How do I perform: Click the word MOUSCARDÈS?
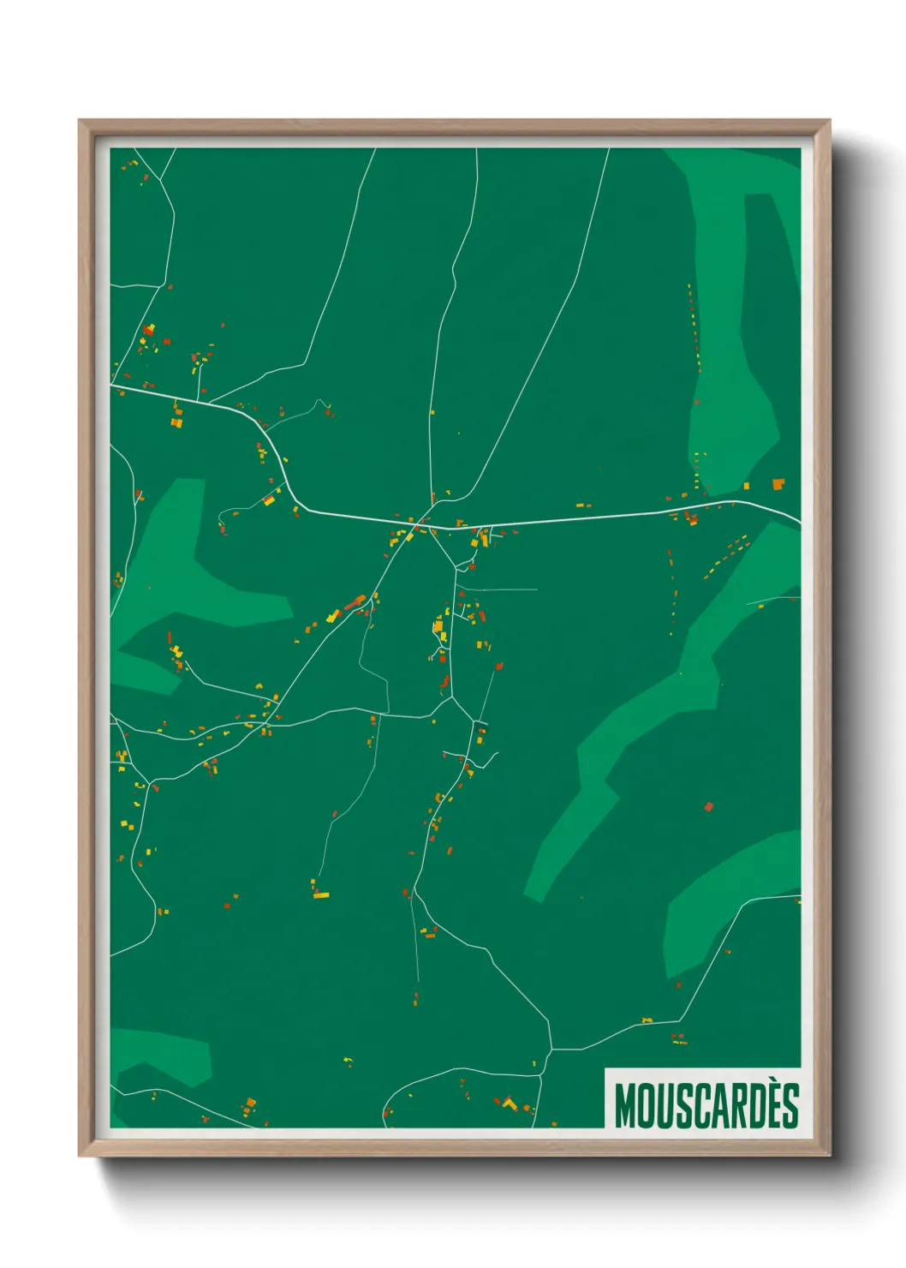[x=706, y=1106]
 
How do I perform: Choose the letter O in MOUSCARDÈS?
[x=647, y=1106]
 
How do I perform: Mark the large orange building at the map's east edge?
[x=778, y=485]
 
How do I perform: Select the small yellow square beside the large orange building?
[x=747, y=487]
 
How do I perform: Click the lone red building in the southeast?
[x=708, y=806]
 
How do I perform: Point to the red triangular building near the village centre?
[x=462, y=593]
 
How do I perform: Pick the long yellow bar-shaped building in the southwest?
[x=321, y=895]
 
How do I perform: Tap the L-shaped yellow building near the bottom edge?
[x=510, y=1104]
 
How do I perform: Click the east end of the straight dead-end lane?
[x=536, y=589]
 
